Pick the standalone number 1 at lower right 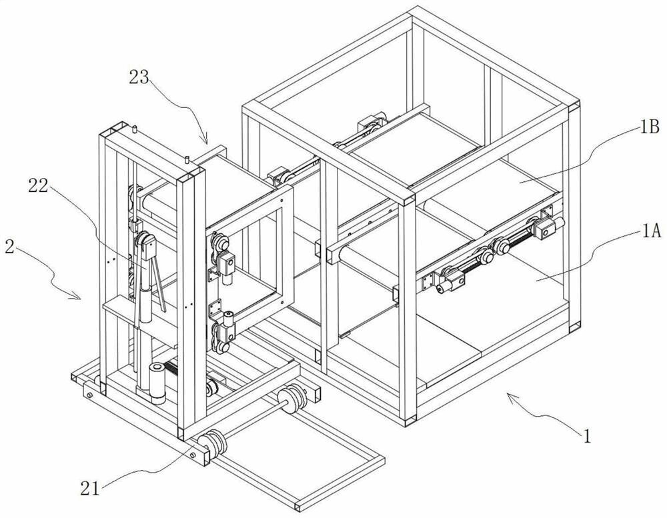[x=586, y=437]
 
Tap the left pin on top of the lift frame [x=135, y=128]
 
